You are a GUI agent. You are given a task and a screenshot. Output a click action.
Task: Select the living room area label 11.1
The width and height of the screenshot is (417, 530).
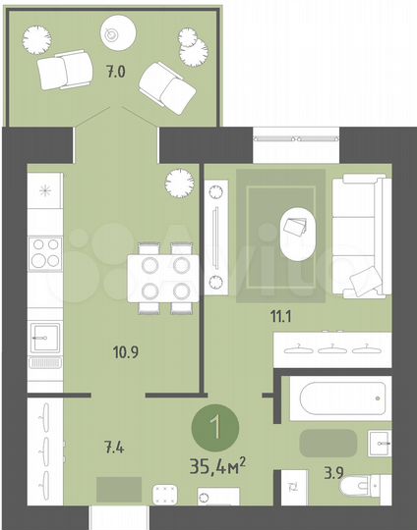[285, 314]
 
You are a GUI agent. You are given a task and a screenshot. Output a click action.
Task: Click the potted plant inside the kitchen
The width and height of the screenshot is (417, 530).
[178, 182]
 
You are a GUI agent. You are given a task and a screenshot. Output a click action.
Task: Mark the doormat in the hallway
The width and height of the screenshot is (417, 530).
[119, 488]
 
